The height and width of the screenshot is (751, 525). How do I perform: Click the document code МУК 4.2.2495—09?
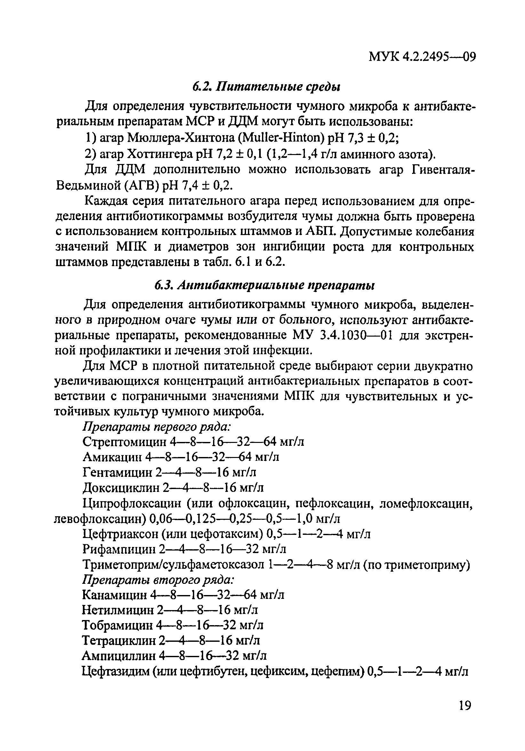click(422, 58)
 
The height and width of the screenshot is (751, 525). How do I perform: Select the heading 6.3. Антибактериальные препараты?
click(264, 286)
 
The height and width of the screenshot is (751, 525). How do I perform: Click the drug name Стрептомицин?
click(124, 442)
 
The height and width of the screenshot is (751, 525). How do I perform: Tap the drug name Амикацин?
click(112, 457)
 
